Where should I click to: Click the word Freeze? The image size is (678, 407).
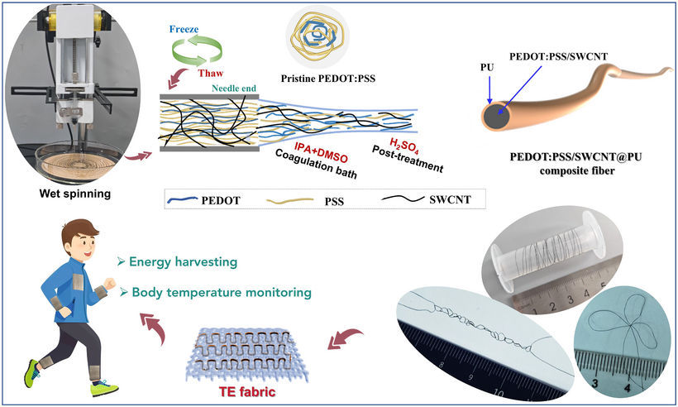pos(184,30)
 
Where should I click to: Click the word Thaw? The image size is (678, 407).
pos(211,73)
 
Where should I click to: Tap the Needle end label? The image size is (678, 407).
pos(234,89)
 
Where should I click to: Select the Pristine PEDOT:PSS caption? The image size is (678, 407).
pos(328,79)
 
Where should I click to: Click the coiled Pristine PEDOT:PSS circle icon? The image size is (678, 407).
pos(318,36)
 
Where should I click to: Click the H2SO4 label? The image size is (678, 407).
pos(403,146)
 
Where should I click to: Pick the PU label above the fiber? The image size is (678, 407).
pos(487,67)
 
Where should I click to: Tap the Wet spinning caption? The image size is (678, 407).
pos(74,194)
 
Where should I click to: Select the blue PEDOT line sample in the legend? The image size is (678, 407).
pos(183,200)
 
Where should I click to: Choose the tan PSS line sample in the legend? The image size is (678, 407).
pos(289,200)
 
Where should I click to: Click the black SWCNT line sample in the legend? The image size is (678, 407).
pos(403,199)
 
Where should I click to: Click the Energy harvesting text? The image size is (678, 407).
pos(184,261)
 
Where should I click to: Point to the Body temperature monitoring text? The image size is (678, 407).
pos(222,292)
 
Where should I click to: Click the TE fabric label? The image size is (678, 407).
pos(247,392)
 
